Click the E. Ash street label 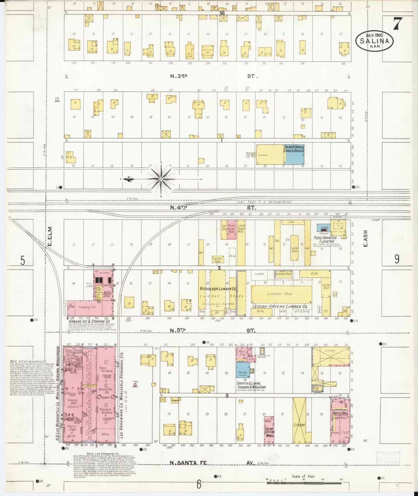(x=365, y=238)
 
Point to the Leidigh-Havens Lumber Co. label (x=278, y=306)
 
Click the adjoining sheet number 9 (x=397, y=259)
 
